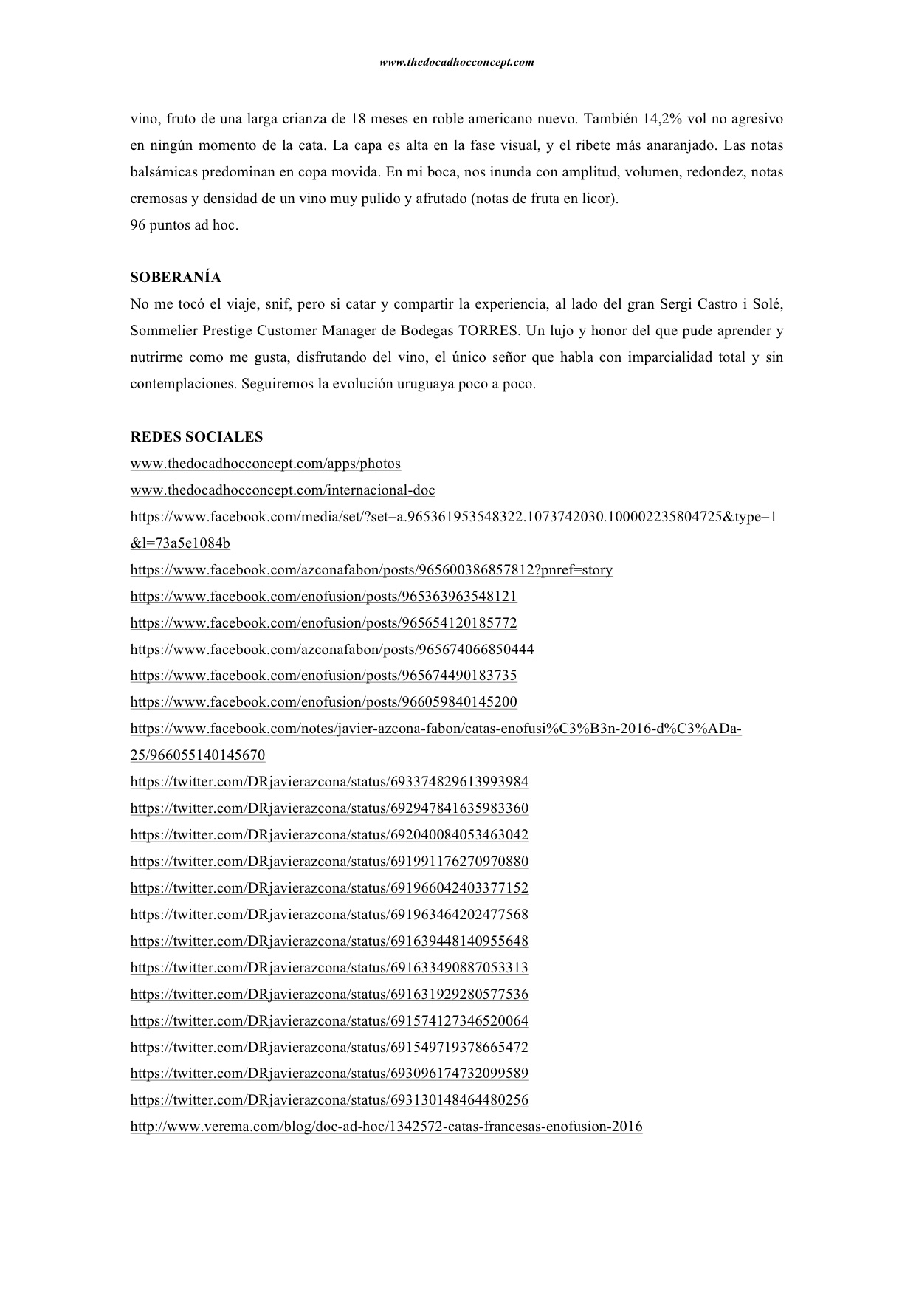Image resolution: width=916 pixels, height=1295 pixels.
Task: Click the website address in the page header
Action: tap(456, 63)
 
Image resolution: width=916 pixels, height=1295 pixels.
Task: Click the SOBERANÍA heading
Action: tap(176, 278)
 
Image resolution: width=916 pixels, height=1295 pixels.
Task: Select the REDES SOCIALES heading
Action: tap(196, 437)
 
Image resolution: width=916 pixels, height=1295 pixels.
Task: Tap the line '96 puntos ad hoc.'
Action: tap(185, 225)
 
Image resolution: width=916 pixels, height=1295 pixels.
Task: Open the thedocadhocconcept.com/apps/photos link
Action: tap(266, 464)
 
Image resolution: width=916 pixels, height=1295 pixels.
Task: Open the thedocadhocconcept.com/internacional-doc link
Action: tap(283, 490)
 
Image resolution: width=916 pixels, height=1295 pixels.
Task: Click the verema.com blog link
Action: tap(386, 1127)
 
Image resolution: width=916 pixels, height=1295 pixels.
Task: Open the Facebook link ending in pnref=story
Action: tap(371, 570)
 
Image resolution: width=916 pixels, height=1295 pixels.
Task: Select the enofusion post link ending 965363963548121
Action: tap(323, 597)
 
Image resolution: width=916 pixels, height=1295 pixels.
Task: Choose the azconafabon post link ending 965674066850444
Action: tap(332, 650)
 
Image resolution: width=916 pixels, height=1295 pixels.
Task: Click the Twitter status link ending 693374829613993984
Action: tap(329, 782)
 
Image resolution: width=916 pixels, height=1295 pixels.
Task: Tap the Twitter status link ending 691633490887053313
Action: tap(329, 968)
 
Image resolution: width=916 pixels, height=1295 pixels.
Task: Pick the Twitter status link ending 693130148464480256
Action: tap(329, 1100)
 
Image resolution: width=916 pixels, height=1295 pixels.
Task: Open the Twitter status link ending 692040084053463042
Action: tap(329, 835)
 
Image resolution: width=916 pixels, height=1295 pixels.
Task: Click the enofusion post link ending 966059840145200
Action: tap(323, 702)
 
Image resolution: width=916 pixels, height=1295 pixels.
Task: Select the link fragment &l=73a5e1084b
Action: tap(180, 544)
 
